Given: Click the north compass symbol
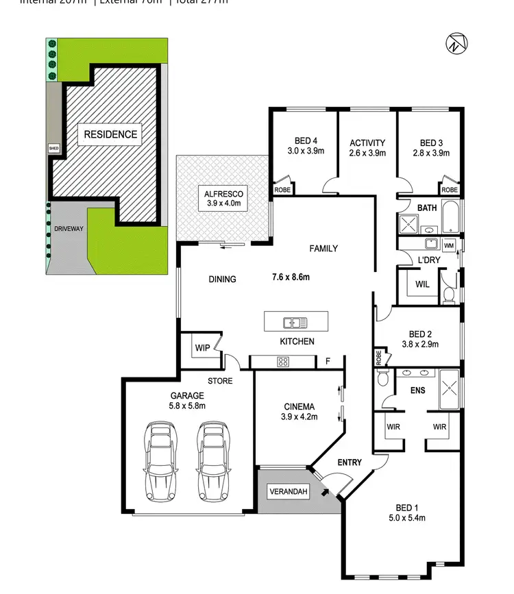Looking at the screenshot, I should tap(456, 43).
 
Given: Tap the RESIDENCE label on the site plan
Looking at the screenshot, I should tap(110, 134).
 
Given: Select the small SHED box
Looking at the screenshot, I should tap(53, 148).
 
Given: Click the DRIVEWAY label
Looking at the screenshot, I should tap(68, 229).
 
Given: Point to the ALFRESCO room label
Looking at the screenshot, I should tap(223, 194).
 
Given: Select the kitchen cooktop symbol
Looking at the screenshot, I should tap(282, 361).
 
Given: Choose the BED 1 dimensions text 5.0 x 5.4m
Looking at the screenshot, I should tap(406, 518).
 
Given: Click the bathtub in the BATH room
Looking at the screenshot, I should tap(452, 218).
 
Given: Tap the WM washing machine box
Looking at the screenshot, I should tap(449, 245).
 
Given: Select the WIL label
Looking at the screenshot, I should tap(421, 284).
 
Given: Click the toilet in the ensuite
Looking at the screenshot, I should tap(383, 379).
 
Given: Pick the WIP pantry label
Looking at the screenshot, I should tap(201, 348).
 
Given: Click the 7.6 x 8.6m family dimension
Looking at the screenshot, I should tap(291, 277).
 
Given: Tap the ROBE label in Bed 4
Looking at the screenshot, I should tap(282, 190).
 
